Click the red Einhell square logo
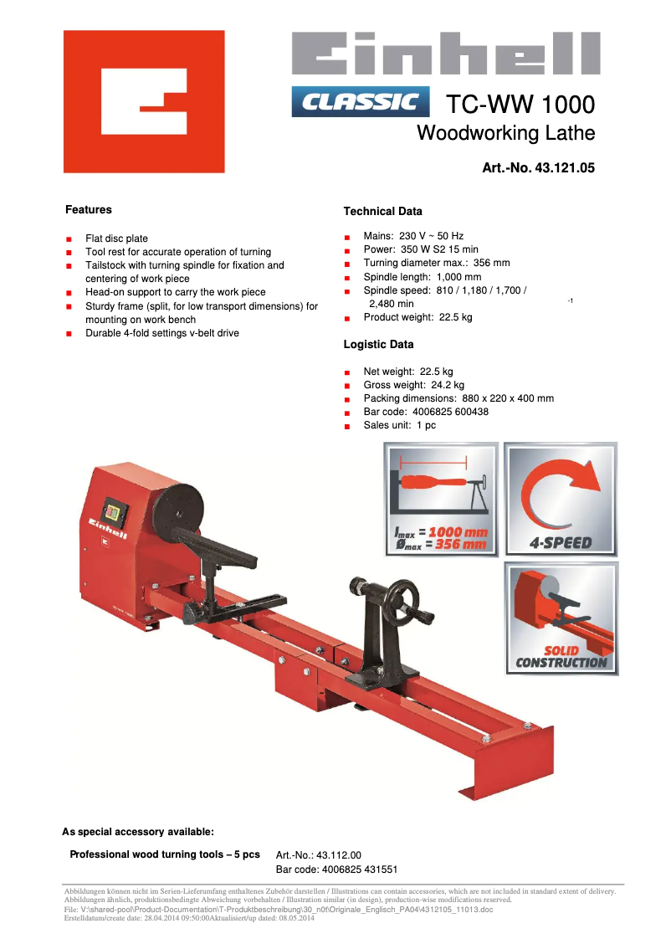pyautogui.click(x=144, y=101)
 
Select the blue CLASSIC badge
pyautogui.click(x=361, y=102)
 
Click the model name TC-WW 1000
pyautogui.click(x=520, y=105)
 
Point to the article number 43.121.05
pyautogui.click(x=539, y=168)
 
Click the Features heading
pyautogui.click(x=89, y=210)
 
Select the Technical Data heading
pyautogui.click(x=383, y=212)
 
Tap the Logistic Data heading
pyautogui.click(x=379, y=345)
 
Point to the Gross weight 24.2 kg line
pyautogui.click(x=413, y=385)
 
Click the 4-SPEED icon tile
pyautogui.click(x=561, y=500)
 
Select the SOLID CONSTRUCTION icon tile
pyautogui.click(x=561, y=618)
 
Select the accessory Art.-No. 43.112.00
pyautogui.click(x=319, y=855)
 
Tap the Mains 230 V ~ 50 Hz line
pyautogui.click(x=413, y=237)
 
